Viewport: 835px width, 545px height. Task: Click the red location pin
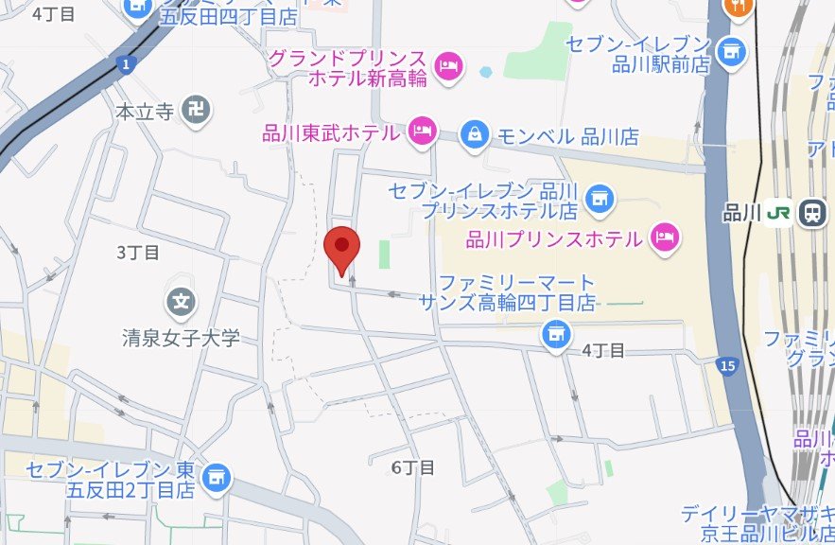click(341, 249)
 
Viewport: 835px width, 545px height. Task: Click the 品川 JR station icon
click(811, 213)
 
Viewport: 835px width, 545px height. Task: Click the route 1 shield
click(127, 64)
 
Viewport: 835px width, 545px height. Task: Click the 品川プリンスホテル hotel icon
click(666, 237)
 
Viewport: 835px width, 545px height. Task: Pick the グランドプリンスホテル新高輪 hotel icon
click(447, 66)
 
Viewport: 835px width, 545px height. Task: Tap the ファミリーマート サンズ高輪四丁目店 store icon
click(556, 332)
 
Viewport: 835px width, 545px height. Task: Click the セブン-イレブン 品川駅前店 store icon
click(730, 52)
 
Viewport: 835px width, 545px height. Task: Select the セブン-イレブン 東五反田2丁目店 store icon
click(217, 478)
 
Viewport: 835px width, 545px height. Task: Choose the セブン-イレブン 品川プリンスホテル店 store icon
click(597, 199)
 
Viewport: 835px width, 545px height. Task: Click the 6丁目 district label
click(413, 467)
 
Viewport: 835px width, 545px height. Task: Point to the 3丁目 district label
click(138, 253)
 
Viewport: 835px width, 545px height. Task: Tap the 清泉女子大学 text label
click(182, 338)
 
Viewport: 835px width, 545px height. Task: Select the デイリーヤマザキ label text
click(756, 515)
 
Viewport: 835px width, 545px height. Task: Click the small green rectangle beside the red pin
click(384, 254)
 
